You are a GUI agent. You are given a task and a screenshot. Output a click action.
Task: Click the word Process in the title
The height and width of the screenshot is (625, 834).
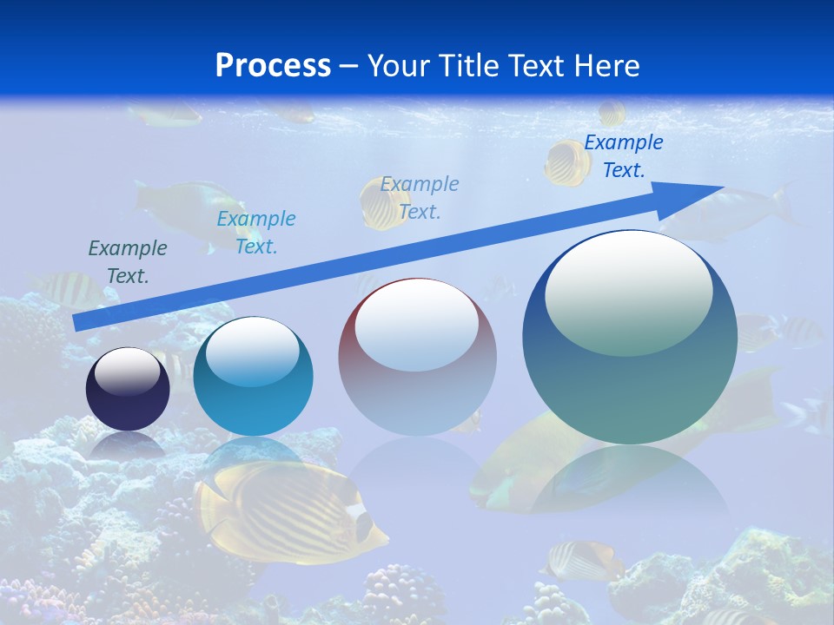point(273,65)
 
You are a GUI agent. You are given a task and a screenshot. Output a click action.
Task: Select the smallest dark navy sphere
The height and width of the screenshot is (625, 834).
point(128,389)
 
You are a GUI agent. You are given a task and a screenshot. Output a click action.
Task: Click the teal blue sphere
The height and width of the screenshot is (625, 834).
point(253,376)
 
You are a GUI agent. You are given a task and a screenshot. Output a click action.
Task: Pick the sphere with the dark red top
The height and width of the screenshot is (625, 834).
point(417,356)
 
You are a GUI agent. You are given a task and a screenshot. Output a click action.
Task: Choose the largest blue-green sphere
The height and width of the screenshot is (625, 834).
point(630,337)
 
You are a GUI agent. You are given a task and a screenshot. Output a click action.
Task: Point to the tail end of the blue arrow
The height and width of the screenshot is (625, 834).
point(78,322)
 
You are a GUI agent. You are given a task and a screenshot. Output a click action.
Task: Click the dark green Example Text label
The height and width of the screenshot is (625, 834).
point(128,262)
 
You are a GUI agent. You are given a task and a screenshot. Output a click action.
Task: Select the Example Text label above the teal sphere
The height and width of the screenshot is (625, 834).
point(256,233)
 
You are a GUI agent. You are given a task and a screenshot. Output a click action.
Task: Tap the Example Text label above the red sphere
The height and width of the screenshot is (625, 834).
point(420,197)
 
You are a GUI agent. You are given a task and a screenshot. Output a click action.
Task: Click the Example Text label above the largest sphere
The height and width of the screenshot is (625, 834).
point(624,156)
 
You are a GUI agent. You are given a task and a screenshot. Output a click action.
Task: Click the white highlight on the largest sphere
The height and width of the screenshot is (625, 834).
point(628,292)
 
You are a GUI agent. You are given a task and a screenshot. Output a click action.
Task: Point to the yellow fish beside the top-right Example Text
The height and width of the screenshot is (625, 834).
point(566,162)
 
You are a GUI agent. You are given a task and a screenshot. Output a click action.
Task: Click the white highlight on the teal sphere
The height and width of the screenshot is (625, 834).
point(252,351)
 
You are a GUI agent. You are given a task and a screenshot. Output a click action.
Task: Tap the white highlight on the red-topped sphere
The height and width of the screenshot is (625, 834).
point(416,324)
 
